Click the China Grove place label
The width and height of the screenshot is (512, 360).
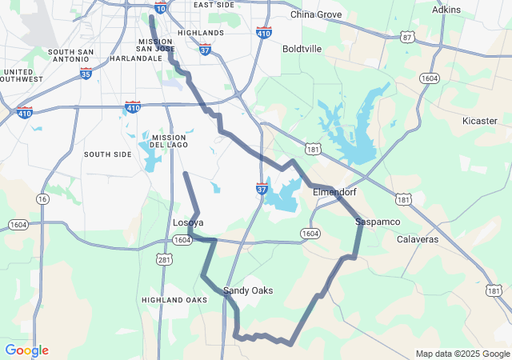click(315, 14)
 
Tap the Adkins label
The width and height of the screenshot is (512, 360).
click(446, 10)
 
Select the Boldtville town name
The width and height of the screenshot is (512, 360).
click(302, 49)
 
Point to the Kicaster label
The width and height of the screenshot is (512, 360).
click(480, 121)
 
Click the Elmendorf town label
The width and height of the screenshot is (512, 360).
click(334, 193)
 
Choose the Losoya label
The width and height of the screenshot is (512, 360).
click(188, 222)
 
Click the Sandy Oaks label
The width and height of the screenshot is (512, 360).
click(248, 290)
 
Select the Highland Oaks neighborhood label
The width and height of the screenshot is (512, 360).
click(174, 299)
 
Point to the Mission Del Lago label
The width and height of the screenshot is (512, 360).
click(168, 141)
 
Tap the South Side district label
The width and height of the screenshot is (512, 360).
click(107, 154)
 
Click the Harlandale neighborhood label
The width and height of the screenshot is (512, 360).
click(136, 58)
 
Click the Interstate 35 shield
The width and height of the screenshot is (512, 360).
click(86, 73)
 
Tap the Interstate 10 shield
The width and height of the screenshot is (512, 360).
click(161, 7)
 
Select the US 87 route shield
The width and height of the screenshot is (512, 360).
click(408, 38)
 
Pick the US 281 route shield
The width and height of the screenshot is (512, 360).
click(164, 259)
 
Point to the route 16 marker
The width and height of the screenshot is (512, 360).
click(42, 198)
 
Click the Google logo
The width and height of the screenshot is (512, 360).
click(26, 350)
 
